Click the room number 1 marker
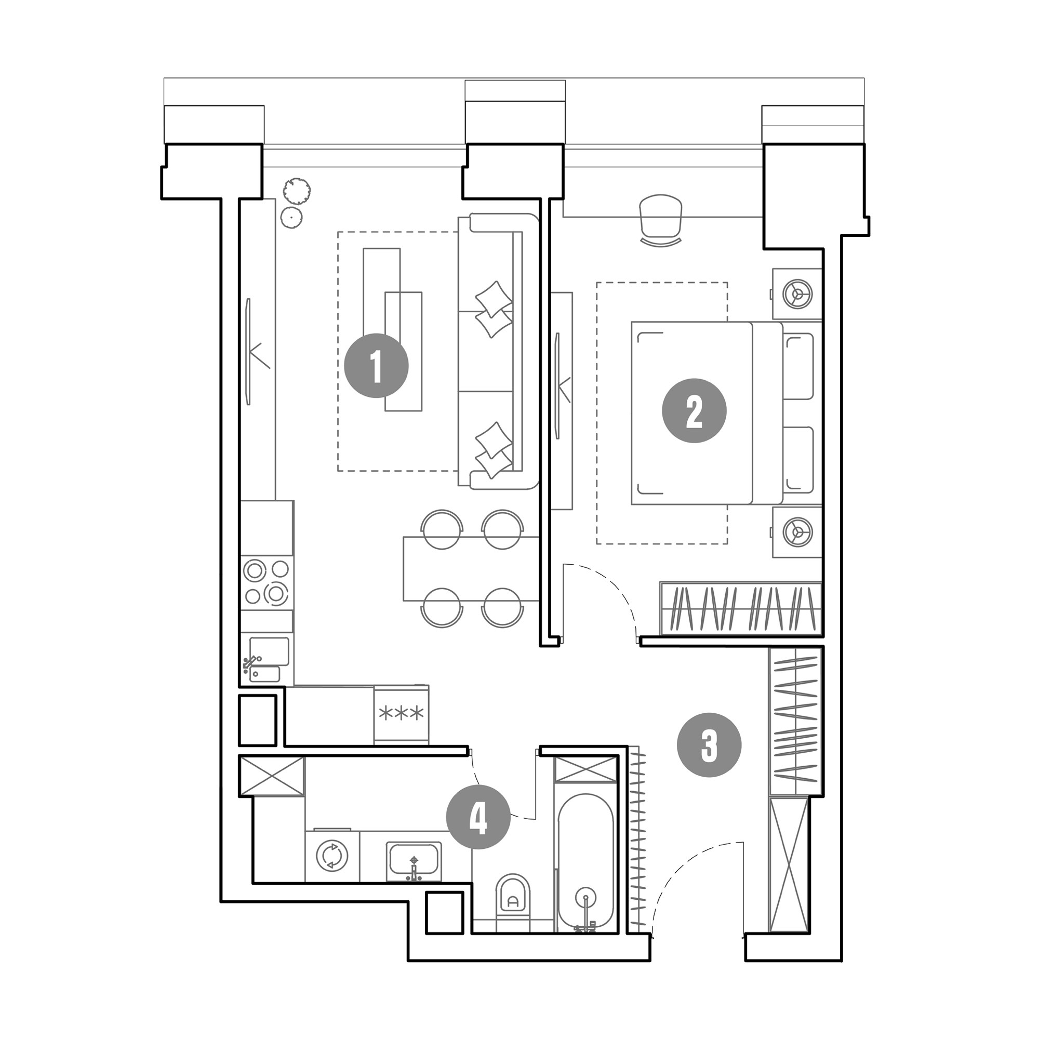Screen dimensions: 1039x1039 tap(376, 366)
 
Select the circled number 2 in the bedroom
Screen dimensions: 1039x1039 tap(694, 410)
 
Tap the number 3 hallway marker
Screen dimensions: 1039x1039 tap(709, 745)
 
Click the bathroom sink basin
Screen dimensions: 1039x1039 tap(414, 861)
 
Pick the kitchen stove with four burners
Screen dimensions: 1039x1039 tap(267, 582)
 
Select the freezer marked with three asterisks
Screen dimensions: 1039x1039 tap(401, 715)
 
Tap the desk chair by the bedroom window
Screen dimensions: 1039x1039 tap(661, 220)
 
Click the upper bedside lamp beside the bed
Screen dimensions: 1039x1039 tap(797, 294)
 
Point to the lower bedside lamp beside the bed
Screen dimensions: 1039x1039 tap(797, 532)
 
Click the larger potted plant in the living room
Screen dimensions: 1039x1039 tap(297, 190)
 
